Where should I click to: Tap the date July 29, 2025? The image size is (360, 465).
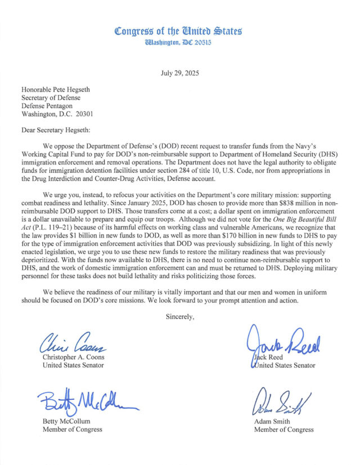(179, 73)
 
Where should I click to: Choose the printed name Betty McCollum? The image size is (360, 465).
(67, 421)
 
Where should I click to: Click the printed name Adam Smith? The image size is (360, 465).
(273, 421)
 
